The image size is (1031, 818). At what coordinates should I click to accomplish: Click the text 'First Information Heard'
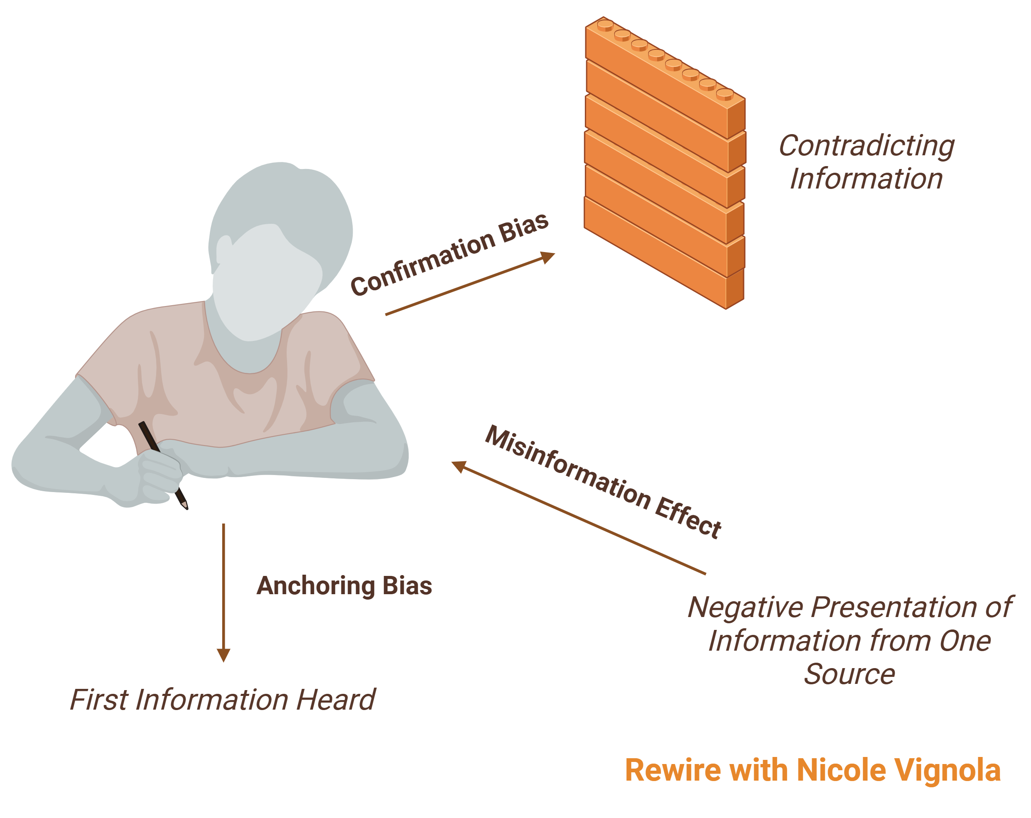222,699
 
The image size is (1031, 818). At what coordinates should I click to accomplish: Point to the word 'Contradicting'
867,146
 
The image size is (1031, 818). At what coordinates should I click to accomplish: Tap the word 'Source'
849,674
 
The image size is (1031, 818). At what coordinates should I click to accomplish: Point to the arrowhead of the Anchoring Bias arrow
223,655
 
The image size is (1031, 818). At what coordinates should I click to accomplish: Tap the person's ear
223,249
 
